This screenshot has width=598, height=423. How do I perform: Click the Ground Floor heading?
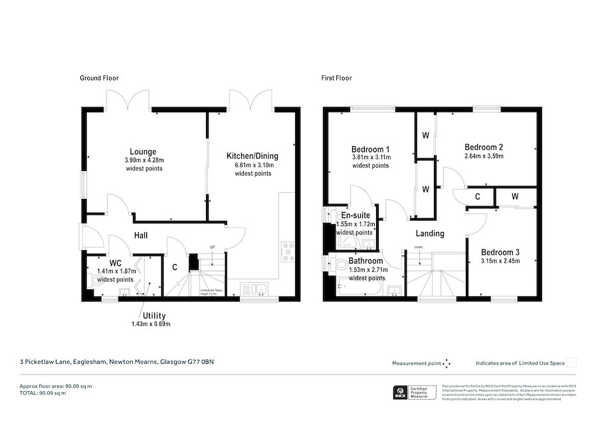[x=99, y=78]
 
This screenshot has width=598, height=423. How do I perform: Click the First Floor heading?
[x=337, y=78]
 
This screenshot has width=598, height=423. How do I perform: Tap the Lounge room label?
[x=143, y=150]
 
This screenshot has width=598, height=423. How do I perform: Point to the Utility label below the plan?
[x=153, y=315]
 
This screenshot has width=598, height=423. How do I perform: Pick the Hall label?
[x=140, y=235]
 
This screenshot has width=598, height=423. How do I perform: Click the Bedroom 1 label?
[x=371, y=148]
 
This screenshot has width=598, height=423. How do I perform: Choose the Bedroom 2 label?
[x=483, y=147]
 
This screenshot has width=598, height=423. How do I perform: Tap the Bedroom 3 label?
[x=500, y=252]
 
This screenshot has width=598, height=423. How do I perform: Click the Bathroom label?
[x=365, y=261]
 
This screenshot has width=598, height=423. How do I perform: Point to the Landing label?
[x=430, y=233]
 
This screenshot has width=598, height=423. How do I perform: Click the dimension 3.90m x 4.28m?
[x=144, y=160]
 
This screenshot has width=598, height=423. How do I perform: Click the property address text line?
[x=116, y=362]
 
